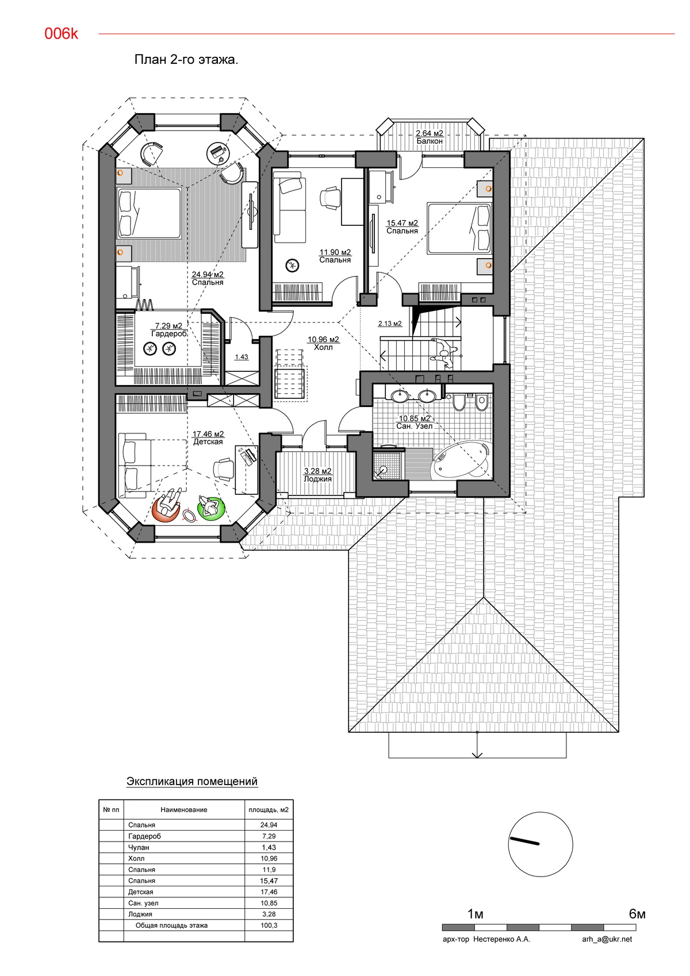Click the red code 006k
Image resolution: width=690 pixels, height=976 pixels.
point(61,34)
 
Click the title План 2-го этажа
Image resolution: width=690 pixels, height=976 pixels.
point(186,60)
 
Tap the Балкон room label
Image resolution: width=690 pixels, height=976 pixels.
point(430,141)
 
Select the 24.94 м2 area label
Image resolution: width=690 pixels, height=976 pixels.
point(208,275)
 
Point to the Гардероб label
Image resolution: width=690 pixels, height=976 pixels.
point(168,334)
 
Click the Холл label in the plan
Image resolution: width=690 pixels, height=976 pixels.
point(323,347)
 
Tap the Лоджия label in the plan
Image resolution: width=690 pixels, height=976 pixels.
point(318,479)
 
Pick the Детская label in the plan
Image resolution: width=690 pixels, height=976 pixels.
point(208,442)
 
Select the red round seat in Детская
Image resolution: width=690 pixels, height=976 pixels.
point(166,509)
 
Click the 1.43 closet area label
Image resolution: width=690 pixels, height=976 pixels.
point(241,357)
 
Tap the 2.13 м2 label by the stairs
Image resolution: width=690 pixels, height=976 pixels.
point(390,324)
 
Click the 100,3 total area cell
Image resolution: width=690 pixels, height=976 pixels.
point(269,925)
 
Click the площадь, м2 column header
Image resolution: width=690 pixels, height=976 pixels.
point(269,809)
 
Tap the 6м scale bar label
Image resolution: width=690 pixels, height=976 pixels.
point(637,914)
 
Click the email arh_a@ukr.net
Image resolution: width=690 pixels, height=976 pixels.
point(607,939)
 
